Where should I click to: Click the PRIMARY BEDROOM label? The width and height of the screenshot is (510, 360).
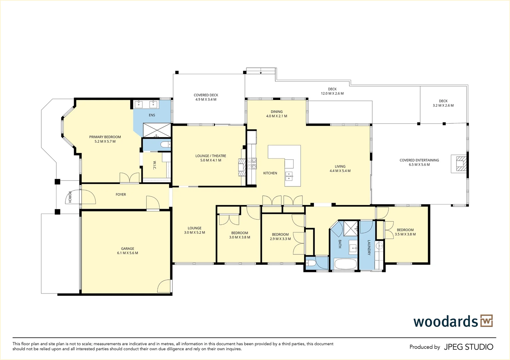point(105,137)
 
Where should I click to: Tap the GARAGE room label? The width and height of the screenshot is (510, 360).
point(127,248)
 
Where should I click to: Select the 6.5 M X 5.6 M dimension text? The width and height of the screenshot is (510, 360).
point(419,165)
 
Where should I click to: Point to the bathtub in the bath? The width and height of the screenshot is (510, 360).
point(345,264)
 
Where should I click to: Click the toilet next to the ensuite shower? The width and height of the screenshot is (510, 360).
point(165,145)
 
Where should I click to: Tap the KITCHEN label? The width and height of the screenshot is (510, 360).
point(270,173)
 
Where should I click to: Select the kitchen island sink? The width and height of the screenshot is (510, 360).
point(289,176)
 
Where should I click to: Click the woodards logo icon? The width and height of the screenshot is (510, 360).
point(486,321)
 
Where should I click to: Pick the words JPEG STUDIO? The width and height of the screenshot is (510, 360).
point(468,347)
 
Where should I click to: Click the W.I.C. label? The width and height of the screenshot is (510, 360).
point(154,165)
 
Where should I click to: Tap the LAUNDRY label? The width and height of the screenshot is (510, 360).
point(369,248)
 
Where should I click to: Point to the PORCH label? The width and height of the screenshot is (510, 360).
point(70,197)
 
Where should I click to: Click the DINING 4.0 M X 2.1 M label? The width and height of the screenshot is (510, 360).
point(276,114)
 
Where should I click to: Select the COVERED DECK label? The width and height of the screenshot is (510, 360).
point(206,95)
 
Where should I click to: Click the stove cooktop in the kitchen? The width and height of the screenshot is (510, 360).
point(252,163)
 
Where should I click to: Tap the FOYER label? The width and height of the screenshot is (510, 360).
point(121,194)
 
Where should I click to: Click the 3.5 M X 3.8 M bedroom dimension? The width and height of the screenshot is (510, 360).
point(405,234)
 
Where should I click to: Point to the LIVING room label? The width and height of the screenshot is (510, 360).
point(340,166)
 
